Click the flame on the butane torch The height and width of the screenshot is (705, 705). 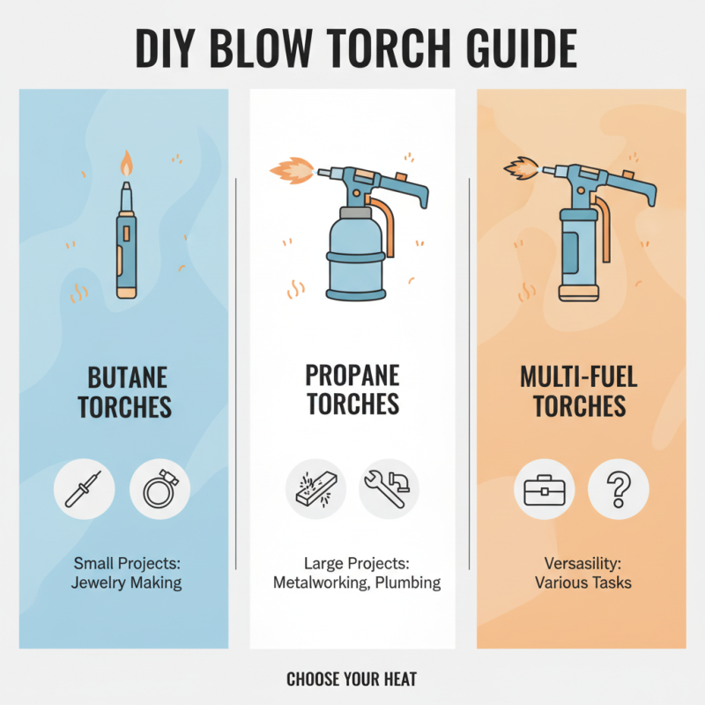[x=126, y=164]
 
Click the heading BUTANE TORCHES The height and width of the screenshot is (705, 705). [x=124, y=392]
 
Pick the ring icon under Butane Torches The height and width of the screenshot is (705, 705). [x=160, y=489]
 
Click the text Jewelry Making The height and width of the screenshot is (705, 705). [x=127, y=583]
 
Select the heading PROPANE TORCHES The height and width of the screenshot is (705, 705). [x=352, y=390]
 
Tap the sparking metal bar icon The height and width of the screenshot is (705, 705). [x=315, y=489]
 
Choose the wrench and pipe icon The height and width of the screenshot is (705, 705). [x=389, y=489]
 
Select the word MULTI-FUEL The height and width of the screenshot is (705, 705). [x=578, y=378]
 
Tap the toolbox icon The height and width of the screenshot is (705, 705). [x=544, y=489]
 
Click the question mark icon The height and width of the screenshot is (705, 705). [x=618, y=489]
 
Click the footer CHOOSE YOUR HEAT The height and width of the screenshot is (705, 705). [x=352, y=679]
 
